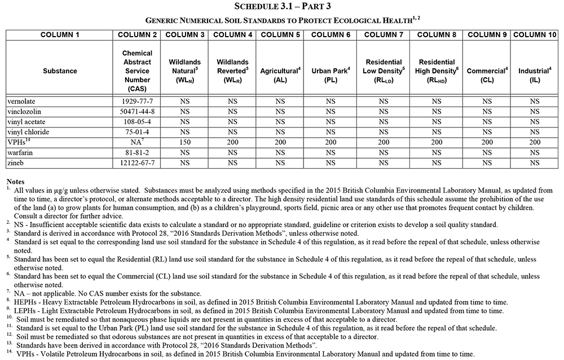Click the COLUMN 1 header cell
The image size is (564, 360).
point(59,35)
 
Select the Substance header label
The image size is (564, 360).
point(59,71)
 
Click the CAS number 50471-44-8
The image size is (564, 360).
point(137,111)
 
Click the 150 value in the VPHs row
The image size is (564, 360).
point(184,142)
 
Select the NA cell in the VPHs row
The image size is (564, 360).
point(137,142)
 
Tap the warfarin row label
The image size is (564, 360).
point(20,152)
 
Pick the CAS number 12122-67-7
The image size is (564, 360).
point(137,163)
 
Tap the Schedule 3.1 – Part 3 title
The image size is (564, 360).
point(282,6)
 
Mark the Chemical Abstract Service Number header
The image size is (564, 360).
point(137,71)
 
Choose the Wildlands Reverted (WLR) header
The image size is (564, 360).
point(232,71)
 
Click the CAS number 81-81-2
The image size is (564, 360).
point(137,152)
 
